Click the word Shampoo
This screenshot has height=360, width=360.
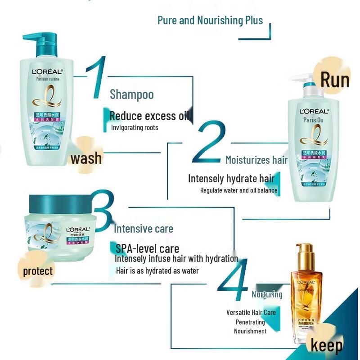pyautogui.click(x=132, y=94)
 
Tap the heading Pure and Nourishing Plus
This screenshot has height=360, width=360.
pyautogui.click(x=210, y=20)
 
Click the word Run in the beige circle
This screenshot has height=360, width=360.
pyautogui.click(x=335, y=80)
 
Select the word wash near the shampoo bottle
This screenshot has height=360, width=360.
pyautogui.click(x=86, y=158)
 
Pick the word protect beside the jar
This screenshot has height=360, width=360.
pyautogui.click(x=38, y=271)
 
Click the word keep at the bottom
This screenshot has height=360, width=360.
pyautogui.click(x=327, y=346)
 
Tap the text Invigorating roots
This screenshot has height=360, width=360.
pyautogui.click(x=135, y=128)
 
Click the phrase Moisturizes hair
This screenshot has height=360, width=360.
pyautogui.click(x=256, y=160)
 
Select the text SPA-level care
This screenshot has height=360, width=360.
pyautogui.click(x=148, y=248)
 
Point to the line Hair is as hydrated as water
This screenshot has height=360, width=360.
pyautogui.click(x=157, y=270)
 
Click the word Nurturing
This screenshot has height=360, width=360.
pyautogui.click(x=267, y=294)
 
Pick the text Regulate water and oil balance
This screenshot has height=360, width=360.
pyautogui.click(x=238, y=190)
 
